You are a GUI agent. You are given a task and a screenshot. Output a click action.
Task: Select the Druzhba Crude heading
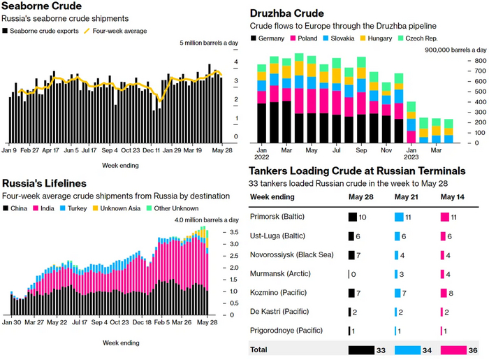click(x=288, y=13)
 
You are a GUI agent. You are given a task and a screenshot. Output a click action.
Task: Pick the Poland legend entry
click(x=307, y=38)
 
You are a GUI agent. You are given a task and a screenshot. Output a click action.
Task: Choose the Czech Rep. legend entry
click(x=423, y=38)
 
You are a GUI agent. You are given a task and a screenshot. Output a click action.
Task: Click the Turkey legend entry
click(x=87, y=208)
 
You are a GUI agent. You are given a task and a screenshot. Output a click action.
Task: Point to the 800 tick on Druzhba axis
click(x=478, y=61)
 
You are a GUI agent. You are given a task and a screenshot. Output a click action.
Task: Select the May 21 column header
click(x=406, y=196)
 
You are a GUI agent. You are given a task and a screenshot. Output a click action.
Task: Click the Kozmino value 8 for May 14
click(x=454, y=293)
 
